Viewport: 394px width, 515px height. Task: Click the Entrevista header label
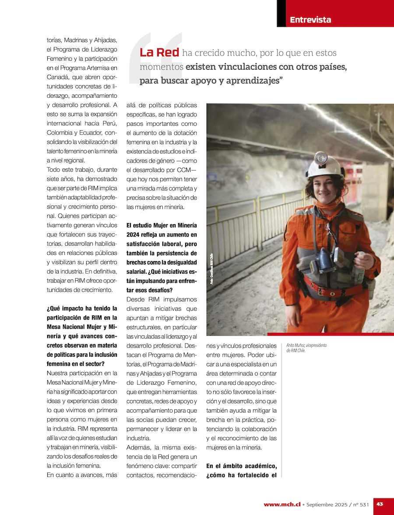310,20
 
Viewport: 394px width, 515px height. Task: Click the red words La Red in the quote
159,52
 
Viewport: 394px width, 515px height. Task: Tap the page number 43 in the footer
380,504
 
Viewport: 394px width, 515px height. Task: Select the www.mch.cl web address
282,505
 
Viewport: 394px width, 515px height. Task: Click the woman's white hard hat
325,166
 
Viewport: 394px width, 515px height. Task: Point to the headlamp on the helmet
321,157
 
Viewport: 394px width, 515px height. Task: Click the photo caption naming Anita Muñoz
306,348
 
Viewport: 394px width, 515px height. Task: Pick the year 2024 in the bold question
134,235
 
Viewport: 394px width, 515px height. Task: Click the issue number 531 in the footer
364,505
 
